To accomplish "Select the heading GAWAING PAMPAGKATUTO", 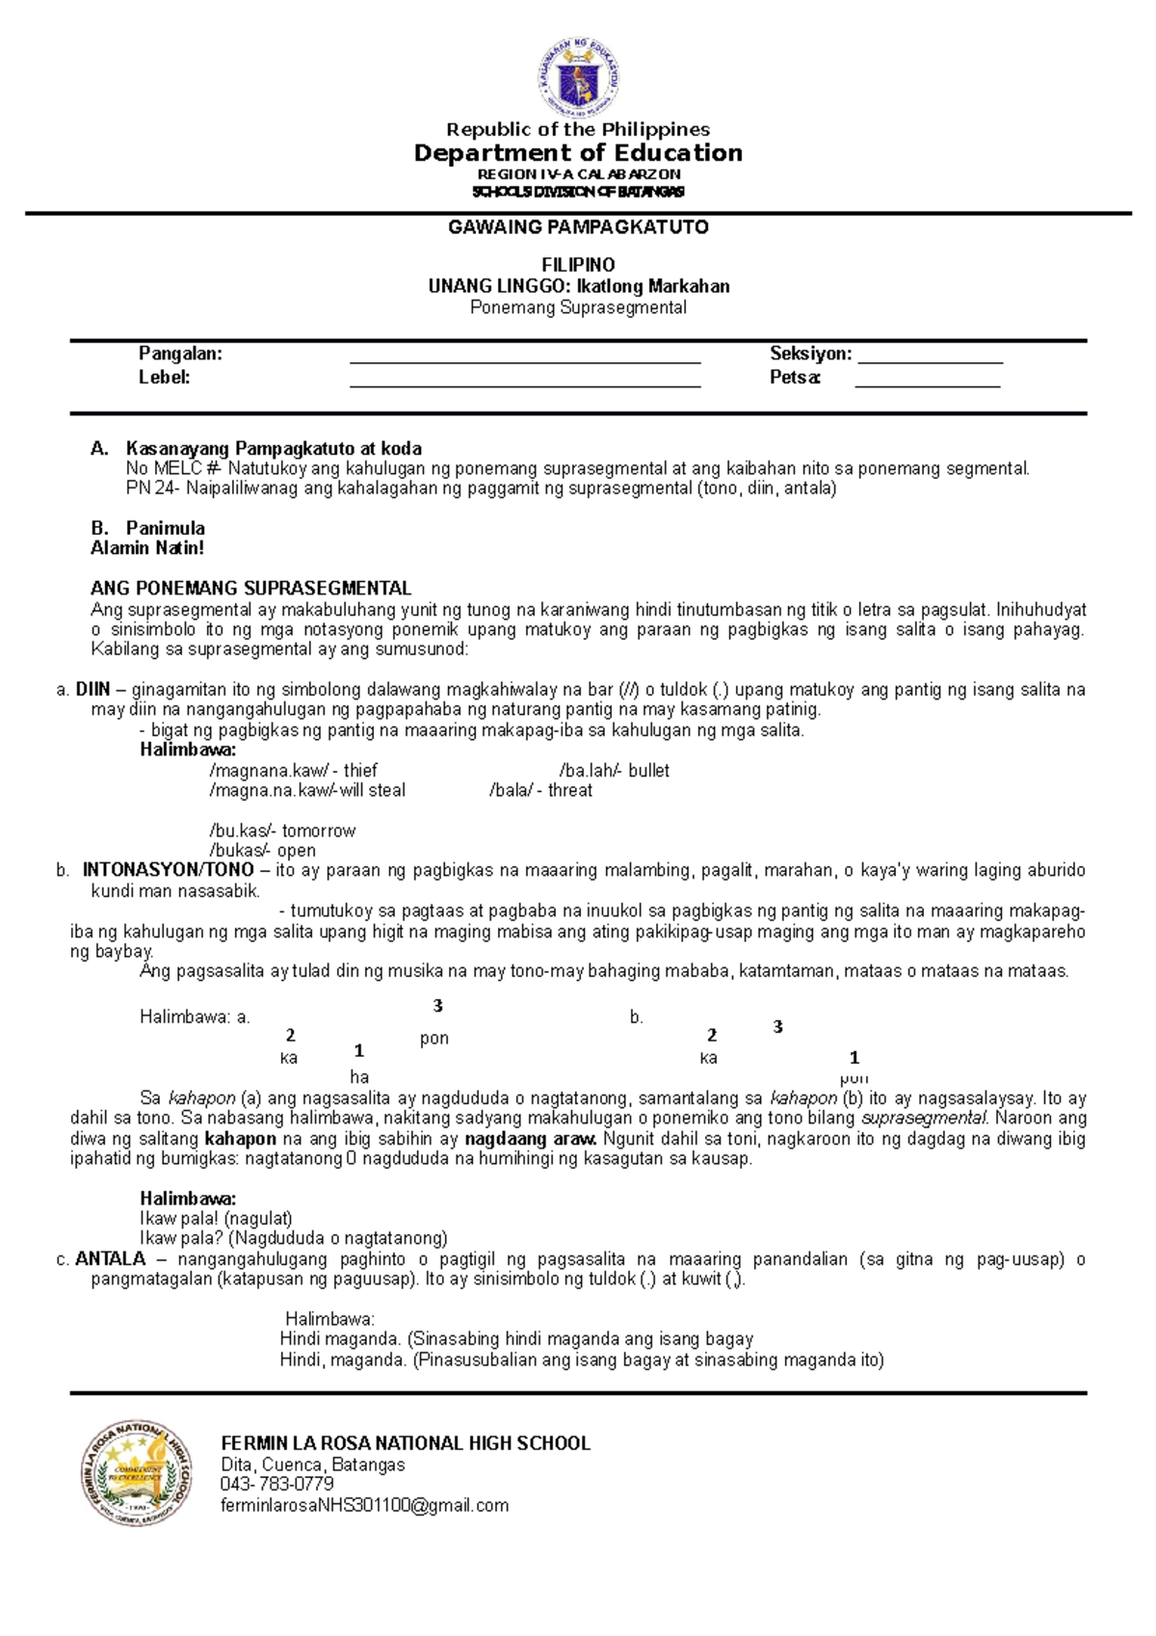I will pyautogui.click(x=578, y=227).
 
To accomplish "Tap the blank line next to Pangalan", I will pyautogui.click(x=525, y=356).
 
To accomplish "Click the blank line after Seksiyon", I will pyautogui.click(x=931, y=356).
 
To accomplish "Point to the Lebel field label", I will pyautogui.click(x=164, y=378).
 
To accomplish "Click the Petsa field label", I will pyautogui.click(x=795, y=378).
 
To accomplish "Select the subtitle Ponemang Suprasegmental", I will pyautogui.click(x=578, y=307).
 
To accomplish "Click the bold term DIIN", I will pyautogui.click(x=93, y=690).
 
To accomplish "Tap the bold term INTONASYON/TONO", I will pyautogui.click(x=168, y=870).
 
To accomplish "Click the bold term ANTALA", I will pyautogui.click(x=110, y=1259).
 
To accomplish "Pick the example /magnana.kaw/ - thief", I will pyautogui.click(x=293, y=771).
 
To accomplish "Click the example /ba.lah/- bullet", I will pyautogui.click(x=614, y=771).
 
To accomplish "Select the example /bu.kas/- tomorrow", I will pyautogui.click(x=281, y=831).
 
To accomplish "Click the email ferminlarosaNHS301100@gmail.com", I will pyautogui.click(x=364, y=1506).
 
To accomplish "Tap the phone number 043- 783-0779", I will pyautogui.click(x=276, y=1485).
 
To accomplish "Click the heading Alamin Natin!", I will pyautogui.click(x=147, y=548).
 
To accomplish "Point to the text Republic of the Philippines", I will pyautogui.click(x=578, y=129).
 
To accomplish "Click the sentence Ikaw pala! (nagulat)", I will pyautogui.click(x=216, y=1219).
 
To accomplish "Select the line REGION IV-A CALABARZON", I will pyautogui.click(x=578, y=174).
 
